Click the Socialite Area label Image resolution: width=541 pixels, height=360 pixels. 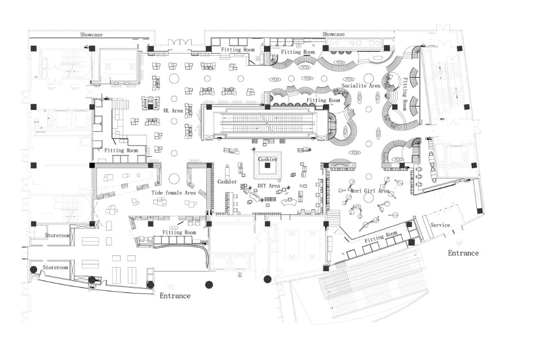(x=361, y=86)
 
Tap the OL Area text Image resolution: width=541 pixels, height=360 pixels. (x=174, y=111)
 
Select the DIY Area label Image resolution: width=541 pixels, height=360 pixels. (x=269, y=186)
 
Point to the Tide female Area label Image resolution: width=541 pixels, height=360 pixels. (x=174, y=193)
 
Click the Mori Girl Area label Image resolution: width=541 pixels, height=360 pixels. (x=370, y=191)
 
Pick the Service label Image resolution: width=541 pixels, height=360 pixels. (x=440, y=225)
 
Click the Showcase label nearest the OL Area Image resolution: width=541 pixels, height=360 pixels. (x=91, y=35)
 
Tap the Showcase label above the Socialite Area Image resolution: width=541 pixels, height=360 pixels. (x=333, y=35)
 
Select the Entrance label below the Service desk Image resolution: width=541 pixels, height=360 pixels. (x=463, y=253)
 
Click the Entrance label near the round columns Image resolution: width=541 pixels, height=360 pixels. (x=175, y=296)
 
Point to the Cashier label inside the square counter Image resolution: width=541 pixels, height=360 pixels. (x=268, y=159)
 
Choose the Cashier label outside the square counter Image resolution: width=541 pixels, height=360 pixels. (x=227, y=181)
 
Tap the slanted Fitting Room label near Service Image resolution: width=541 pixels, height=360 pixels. (x=381, y=237)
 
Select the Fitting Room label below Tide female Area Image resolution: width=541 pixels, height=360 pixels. (x=179, y=232)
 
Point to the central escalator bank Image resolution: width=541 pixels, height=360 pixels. (x=264, y=123)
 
